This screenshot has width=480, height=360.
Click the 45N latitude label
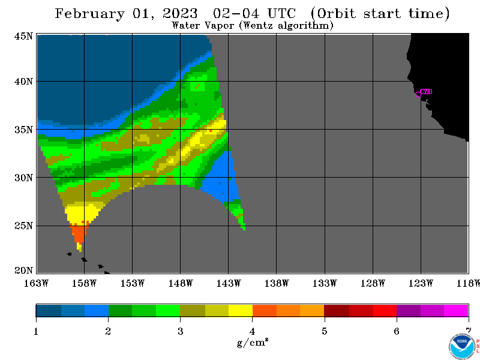23,36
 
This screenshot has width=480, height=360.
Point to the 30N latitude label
23,178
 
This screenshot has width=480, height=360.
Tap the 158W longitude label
84,283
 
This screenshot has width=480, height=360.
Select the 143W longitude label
229,283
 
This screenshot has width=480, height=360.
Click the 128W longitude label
373,283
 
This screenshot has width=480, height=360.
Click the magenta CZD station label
426,91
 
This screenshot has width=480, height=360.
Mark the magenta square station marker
418,94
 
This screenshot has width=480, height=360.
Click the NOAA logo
462,346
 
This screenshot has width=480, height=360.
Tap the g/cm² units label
253,342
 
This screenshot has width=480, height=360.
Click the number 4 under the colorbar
252,331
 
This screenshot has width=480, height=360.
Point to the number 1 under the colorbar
36,331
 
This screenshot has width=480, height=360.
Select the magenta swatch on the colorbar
456,310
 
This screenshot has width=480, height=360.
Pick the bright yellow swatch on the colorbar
241,310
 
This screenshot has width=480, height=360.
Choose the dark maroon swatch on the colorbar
337,310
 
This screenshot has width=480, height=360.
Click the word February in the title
90,14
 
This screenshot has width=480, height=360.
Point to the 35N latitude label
23,130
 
